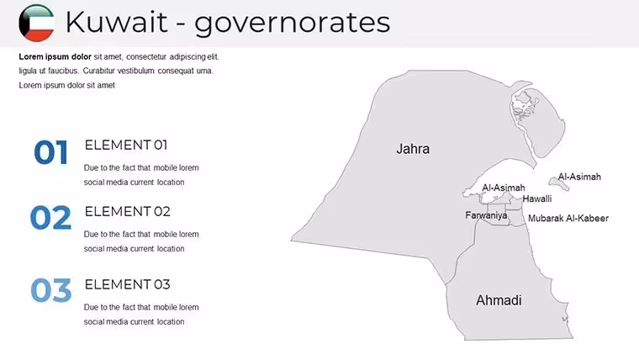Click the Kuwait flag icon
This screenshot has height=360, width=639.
[x=36, y=23]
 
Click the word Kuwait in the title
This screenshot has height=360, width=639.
[x=116, y=22]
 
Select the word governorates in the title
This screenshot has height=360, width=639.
[x=292, y=24]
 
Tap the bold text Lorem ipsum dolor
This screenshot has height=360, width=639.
[x=55, y=56]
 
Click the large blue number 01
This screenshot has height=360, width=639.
[x=50, y=152]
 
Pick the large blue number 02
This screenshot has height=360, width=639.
[x=50, y=217]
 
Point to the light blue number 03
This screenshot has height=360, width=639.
[x=51, y=290]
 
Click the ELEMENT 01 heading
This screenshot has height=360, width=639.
[x=126, y=146]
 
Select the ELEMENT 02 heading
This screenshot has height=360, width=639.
[x=127, y=212]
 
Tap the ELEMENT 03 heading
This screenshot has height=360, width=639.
[x=127, y=284]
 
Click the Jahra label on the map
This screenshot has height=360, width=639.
[x=413, y=149]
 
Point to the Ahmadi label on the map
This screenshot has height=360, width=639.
[x=499, y=300]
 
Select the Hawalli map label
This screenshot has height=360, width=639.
[x=537, y=199]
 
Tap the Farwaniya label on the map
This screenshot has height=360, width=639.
[x=486, y=215]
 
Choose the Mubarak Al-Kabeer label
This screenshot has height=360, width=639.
[x=568, y=219]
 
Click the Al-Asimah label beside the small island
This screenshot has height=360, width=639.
[x=579, y=177]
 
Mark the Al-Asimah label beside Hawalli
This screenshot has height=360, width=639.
[x=504, y=188]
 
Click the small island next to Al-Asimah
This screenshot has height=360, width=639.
[x=559, y=183]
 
